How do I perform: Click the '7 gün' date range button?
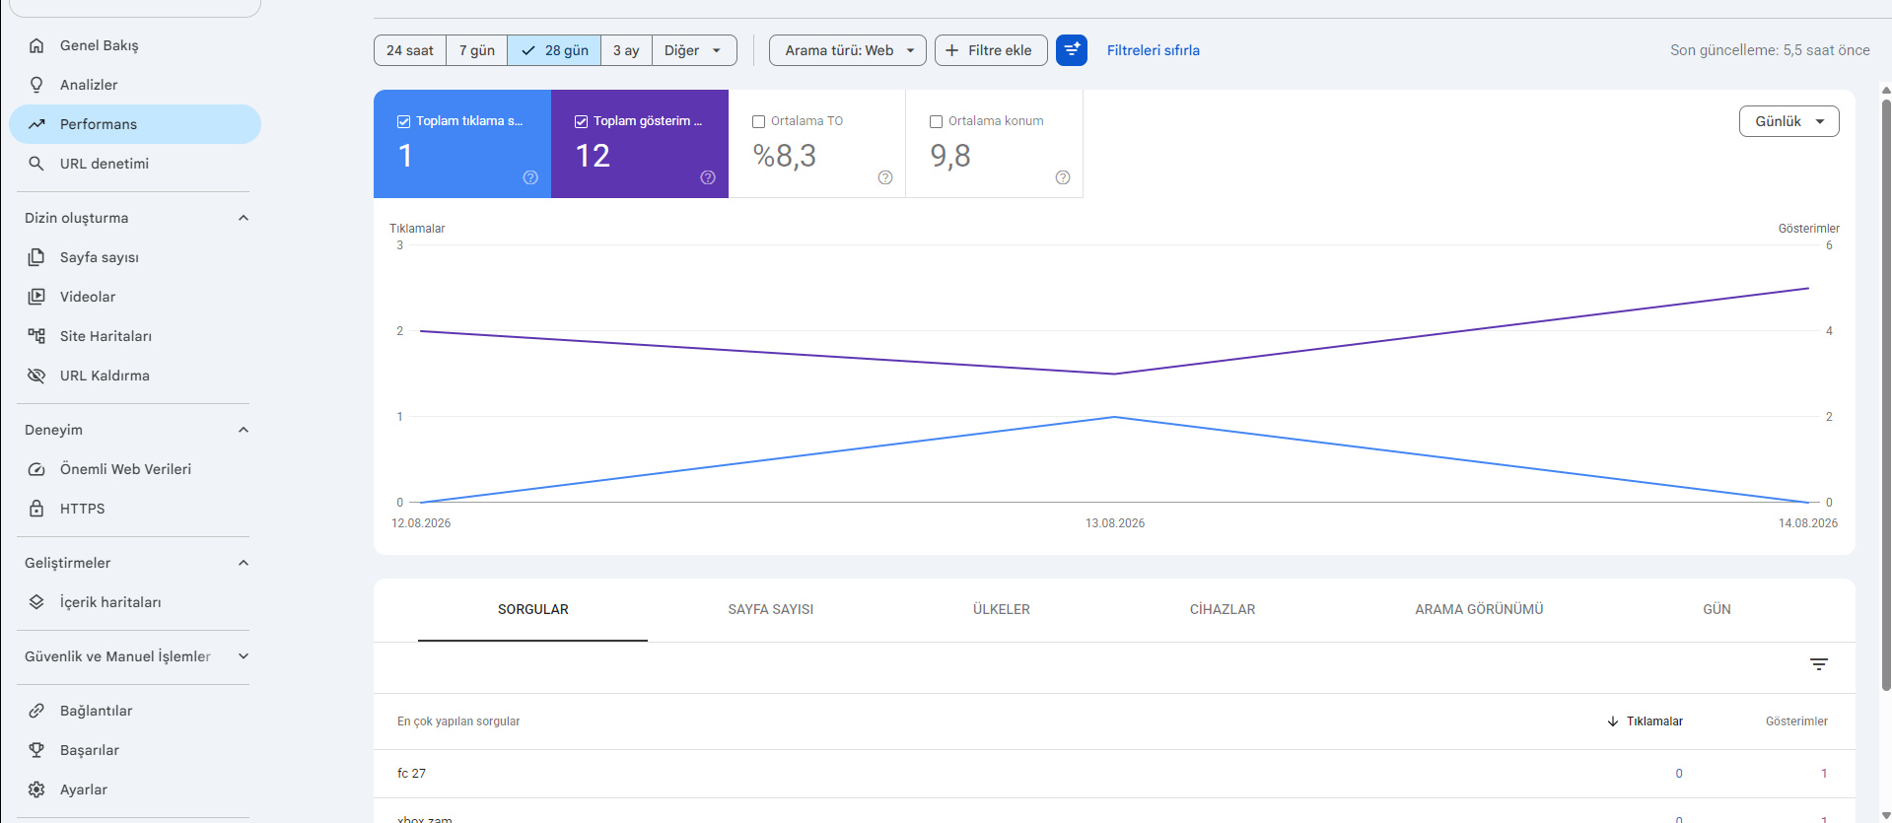(476, 50)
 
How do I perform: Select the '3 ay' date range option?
(626, 50)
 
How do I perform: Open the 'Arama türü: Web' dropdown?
(847, 50)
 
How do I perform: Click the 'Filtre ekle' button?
(990, 50)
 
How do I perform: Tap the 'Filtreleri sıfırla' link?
(1153, 50)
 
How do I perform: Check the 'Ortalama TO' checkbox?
(759, 121)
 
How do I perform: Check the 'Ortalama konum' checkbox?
(937, 121)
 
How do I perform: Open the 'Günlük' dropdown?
(1788, 121)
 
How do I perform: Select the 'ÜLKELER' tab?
(1001, 609)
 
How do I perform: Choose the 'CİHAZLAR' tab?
(1222, 609)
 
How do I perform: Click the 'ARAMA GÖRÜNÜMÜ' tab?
(1479, 609)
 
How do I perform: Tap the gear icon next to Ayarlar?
(36, 789)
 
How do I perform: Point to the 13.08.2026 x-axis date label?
(1115, 523)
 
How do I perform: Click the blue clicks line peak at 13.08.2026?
(1114, 417)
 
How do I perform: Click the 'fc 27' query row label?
(411, 774)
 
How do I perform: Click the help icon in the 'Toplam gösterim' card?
(708, 177)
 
